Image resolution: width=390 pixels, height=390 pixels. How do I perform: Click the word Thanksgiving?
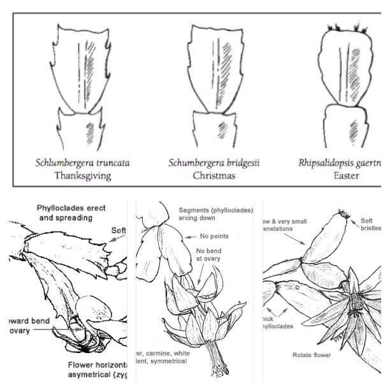82,175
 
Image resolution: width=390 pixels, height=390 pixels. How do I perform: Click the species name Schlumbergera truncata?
83,162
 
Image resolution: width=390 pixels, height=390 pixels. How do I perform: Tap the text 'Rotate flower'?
312,355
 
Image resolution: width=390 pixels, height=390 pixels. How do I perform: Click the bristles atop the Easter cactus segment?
347,29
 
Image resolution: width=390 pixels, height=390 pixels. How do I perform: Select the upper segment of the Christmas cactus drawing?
215,70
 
